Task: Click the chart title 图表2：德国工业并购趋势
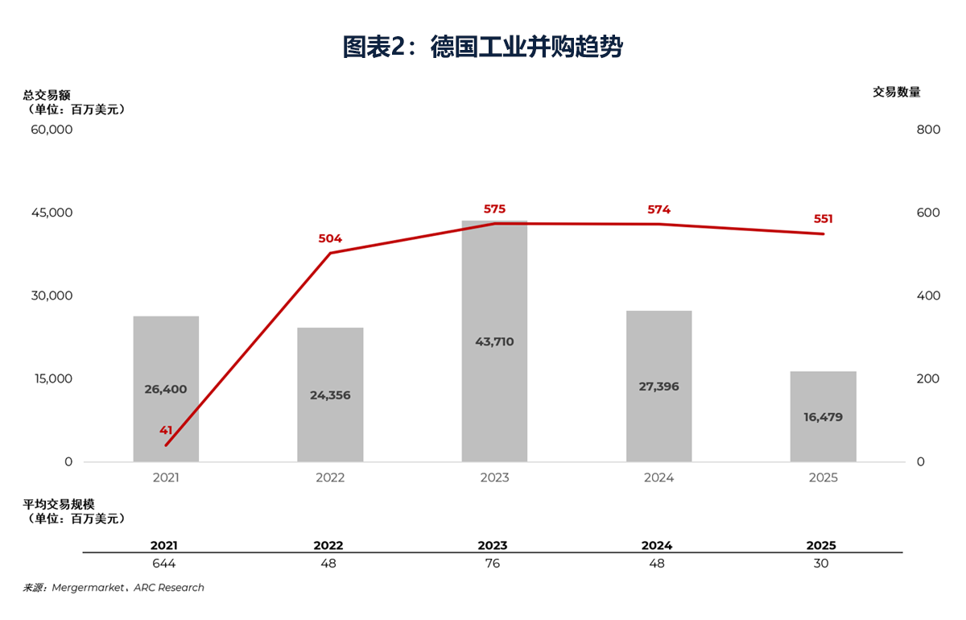[482, 48]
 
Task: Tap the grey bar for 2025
[823, 439]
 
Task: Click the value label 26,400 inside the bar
[166, 390]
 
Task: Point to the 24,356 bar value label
[330, 395]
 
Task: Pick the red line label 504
[330, 238]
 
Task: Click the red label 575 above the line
[494, 209]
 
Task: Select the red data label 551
[823, 219]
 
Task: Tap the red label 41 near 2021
[166, 430]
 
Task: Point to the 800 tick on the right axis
[928, 130]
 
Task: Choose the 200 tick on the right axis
[928, 378]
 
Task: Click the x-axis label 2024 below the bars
[658, 477]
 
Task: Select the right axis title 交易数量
[896, 93]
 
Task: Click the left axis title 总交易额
[47, 94]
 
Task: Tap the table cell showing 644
[163, 564]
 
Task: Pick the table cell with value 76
[493, 564]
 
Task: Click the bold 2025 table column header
[821, 545]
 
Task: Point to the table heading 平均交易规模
[59, 504]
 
